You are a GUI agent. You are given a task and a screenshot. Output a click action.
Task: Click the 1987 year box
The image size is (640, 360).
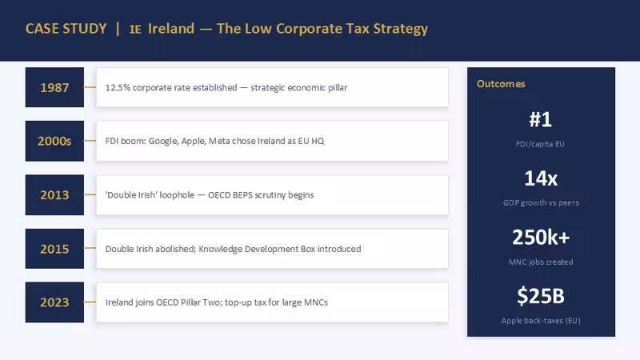(x=54, y=87)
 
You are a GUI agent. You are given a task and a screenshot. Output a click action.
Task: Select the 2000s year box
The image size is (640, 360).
(x=54, y=141)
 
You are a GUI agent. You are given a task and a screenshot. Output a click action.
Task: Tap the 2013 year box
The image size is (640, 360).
(x=54, y=194)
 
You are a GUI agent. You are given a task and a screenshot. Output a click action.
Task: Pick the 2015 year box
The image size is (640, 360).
(x=54, y=249)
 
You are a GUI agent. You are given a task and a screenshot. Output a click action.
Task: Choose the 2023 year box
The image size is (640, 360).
(x=54, y=302)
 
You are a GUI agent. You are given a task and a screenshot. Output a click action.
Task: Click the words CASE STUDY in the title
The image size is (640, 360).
(x=66, y=29)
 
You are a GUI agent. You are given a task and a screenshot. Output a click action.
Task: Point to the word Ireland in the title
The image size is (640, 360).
(x=171, y=29)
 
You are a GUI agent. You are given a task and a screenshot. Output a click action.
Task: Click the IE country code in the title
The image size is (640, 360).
(x=135, y=30)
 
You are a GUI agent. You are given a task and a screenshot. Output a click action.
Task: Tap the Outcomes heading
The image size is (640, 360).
(x=501, y=84)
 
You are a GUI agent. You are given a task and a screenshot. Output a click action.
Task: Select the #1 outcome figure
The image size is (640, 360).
(x=541, y=119)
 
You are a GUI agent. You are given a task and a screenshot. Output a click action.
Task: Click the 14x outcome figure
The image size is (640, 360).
(x=541, y=178)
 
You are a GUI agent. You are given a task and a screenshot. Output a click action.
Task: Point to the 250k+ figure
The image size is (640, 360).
(x=541, y=237)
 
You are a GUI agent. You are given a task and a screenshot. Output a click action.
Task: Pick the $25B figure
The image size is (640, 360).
(x=541, y=296)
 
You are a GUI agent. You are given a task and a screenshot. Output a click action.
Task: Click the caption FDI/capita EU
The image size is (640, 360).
(x=541, y=144)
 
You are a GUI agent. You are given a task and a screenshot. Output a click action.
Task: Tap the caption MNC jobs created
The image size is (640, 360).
(x=541, y=262)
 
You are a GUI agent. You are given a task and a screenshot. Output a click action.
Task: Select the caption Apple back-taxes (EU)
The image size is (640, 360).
(x=541, y=321)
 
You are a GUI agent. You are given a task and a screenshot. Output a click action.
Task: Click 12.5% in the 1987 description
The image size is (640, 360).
(x=118, y=88)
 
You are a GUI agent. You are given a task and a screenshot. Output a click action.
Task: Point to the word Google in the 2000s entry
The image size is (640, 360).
(x=163, y=142)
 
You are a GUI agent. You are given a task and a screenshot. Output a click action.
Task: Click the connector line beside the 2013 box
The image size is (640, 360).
(x=90, y=194)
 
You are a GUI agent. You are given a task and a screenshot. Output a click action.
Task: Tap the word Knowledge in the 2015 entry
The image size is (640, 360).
(x=220, y=249)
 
